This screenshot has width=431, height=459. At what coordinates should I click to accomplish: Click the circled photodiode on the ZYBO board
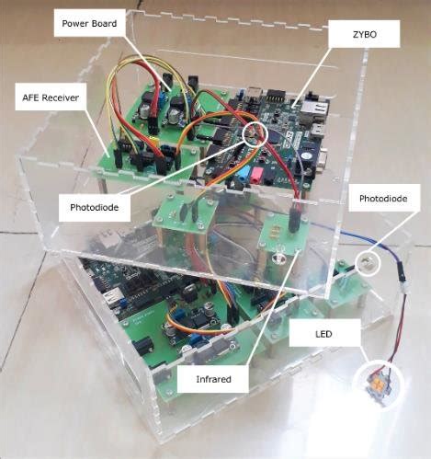pos(255,135)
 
